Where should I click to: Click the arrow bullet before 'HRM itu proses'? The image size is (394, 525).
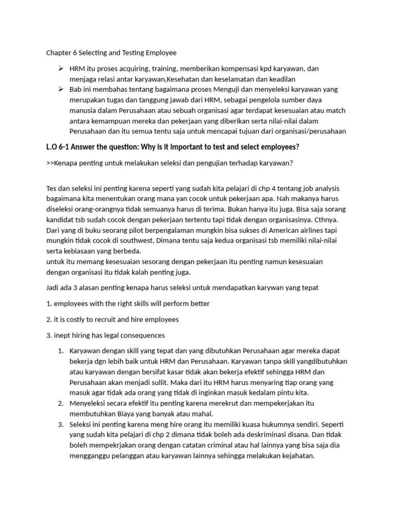point(61,68)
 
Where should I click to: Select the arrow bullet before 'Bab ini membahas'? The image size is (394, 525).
point(61,89)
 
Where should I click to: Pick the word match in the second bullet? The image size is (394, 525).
point(336,110)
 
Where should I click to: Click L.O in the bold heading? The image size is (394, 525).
point(52,148)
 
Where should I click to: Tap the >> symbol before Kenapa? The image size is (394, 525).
point(51,164)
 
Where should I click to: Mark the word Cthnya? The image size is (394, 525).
point(333,220)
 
